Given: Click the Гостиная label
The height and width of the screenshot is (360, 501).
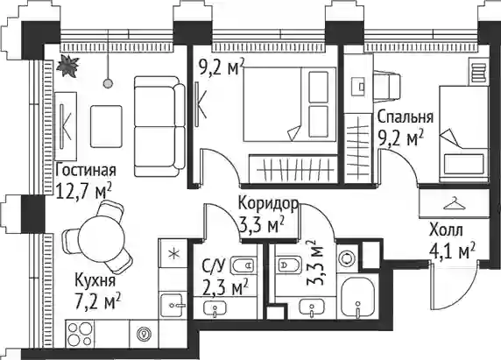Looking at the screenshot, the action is pos(85,171).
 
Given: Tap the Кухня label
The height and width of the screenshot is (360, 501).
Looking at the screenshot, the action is pos(95,281).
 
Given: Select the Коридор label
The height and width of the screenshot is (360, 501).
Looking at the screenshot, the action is pos(269,203).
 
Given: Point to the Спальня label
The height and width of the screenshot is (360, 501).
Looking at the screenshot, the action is pos(406,117).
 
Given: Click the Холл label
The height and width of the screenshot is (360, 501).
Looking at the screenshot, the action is pos(446,230).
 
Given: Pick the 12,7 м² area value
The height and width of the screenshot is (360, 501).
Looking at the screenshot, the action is pos(83,191).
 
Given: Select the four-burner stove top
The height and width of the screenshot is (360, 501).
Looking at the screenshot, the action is pos(80,334).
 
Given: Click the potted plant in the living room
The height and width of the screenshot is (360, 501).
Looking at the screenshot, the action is pos(67,66).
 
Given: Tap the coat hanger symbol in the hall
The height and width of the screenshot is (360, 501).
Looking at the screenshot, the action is pos(455,203).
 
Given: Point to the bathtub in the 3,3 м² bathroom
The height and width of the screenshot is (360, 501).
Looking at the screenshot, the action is pos(358,297).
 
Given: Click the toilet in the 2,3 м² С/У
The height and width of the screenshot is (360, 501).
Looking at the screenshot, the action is pos(243,265).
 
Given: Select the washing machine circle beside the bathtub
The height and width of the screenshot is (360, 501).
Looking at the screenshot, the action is pos(347,257).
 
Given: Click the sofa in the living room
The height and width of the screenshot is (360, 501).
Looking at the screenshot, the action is pos(159,126).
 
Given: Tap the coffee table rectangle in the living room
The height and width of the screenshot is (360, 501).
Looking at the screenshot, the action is pos(106,126).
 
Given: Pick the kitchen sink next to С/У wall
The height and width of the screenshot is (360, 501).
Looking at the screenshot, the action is pos(173,306).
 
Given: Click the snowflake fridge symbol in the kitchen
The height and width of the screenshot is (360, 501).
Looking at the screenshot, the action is pos(173,254).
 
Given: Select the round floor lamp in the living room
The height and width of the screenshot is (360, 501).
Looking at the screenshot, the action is pos(109,83).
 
